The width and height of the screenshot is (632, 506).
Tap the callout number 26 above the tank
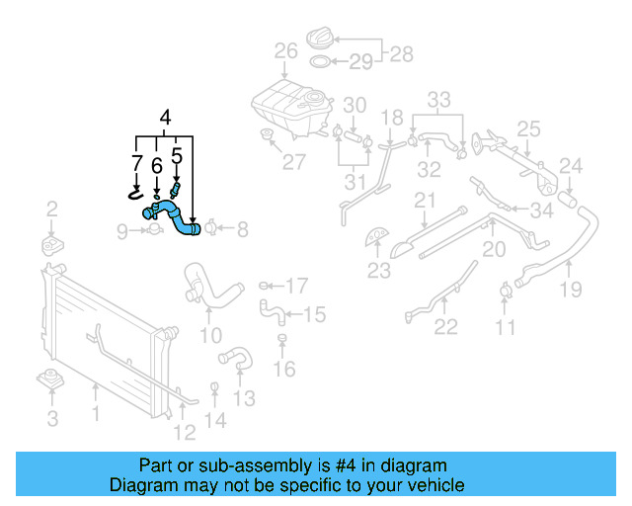[285, 51]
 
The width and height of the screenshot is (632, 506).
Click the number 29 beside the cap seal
[360, 62]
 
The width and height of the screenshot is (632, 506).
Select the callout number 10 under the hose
[209, 337]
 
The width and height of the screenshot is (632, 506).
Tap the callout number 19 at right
[571, 290]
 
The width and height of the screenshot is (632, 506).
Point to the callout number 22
[446, 327]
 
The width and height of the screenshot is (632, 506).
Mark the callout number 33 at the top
[438, 99]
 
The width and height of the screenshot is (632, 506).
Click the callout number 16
[284, 370]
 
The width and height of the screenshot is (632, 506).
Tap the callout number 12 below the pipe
[185, 431]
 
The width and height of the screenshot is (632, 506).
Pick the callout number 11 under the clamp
[506, 327]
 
